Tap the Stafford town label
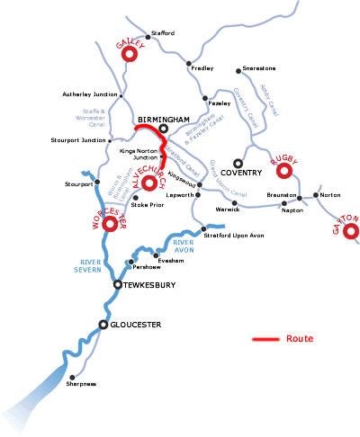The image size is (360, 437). (x=162, y=33)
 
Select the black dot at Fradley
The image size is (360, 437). (x=189, y=64)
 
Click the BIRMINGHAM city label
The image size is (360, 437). (x=164, y=119)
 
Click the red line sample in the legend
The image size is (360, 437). (x=265, y=340)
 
